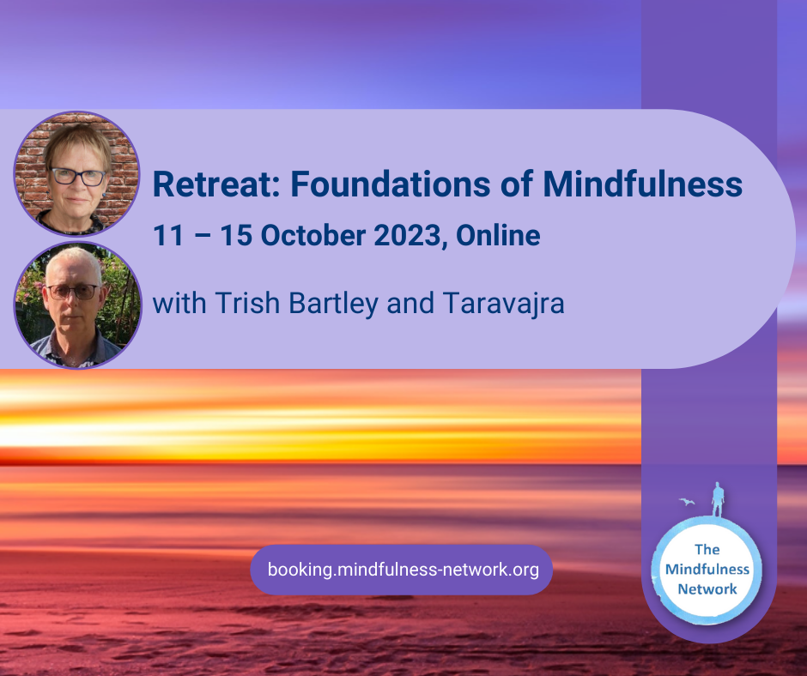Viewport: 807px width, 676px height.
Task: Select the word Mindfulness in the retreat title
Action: pyautogui.click(x=642, y=184)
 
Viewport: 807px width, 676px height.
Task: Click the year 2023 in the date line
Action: pyautogui.click(x=407, y=236)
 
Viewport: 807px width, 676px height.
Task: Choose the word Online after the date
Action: pyautogui.click(x=498, y=236)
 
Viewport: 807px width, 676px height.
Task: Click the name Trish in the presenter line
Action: pyautogui.click(x=247, y=303)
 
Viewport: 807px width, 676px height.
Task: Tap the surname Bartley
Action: pyautogui.click(x=333, y=304)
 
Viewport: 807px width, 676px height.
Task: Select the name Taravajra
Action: pyautogui.click(x=503, y=304)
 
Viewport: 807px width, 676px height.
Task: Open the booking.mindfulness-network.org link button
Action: pyautogui.click(x=402, y=570)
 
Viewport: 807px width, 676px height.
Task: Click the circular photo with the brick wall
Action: pyautogui.click(x=76, y=173)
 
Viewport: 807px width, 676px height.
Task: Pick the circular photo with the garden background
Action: pyautogui.click(x=78, y=305)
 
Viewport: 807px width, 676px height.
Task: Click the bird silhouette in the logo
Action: pyautogui.click(x=687, y=502)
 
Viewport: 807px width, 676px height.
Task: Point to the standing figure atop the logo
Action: pyautogui.click(x=718, y=499)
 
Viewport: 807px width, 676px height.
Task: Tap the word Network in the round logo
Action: pyautogui.click(x=707, y=589)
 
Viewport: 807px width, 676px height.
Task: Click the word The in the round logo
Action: pyautogui.click(x=707, y=549)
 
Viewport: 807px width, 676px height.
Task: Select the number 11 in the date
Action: pyautogui.click(x=168, y=236)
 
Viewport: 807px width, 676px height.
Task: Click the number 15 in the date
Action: pyautogui.click(x=236, y=236)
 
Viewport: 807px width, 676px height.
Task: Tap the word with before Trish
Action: pyautogui.click(x=179, y=303)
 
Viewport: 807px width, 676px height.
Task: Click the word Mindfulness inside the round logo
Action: pyautogui.click(x=707, y=569)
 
